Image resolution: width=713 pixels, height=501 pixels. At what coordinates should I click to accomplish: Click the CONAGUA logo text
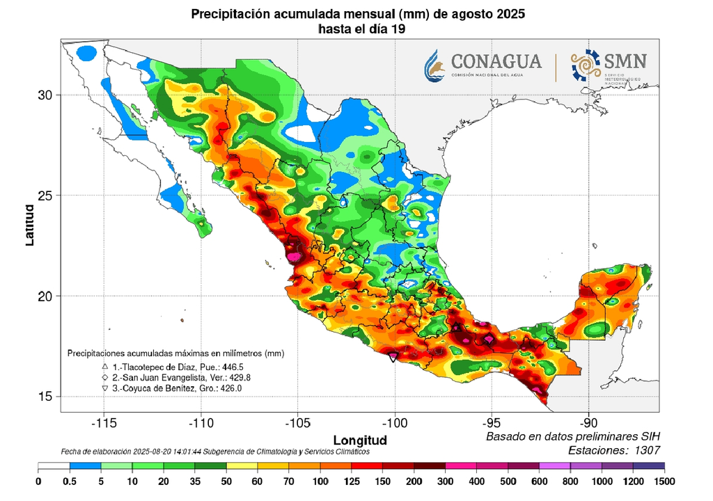[x=496, y=61]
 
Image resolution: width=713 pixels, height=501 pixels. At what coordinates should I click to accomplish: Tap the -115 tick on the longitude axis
[x=104, y=422]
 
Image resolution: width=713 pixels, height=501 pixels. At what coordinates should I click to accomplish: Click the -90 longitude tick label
[x=588, y=422]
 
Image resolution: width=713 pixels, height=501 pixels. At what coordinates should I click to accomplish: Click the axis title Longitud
[x=359, y=440]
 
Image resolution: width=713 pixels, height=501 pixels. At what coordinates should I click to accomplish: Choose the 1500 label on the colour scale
[x=665, y=482]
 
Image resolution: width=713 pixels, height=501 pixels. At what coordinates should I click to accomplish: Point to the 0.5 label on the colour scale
[x=70, y=482]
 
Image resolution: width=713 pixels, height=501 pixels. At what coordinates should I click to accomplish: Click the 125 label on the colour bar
[x=352, y=482]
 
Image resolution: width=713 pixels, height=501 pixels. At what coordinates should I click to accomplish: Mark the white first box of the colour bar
[x=54, y=468]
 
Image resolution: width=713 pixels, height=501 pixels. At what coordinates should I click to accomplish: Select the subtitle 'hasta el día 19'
[x=357, y=29]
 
